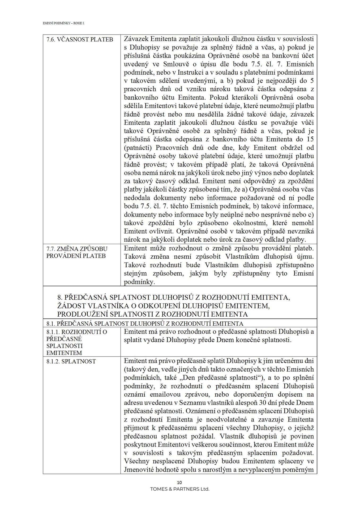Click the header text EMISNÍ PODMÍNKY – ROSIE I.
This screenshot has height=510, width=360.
coord(63,23)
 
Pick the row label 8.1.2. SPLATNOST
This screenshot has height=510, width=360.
coord(71,361)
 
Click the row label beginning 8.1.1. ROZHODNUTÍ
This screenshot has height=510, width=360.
coord(77,332)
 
